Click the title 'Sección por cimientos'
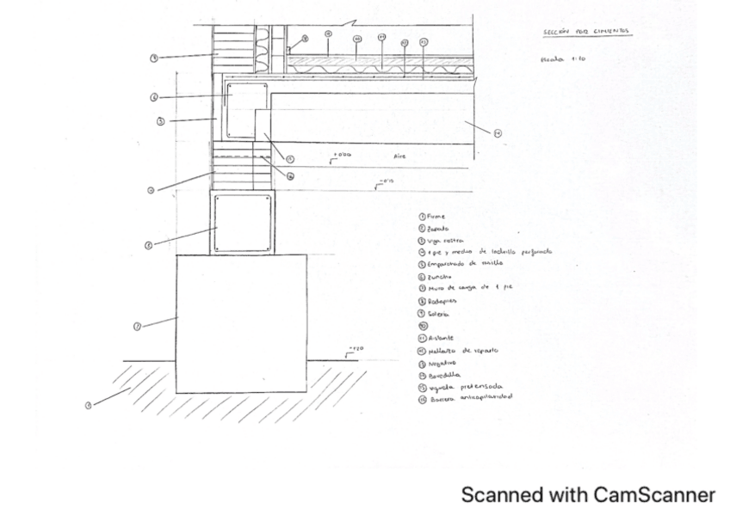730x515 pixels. click(x=585, y=32)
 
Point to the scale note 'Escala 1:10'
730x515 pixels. click(x=563, y=59)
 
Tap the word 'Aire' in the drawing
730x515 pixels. click(x=399, y=156)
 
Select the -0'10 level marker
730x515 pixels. click(x=385, y=181)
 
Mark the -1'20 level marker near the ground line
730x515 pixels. click(x=355, y=348)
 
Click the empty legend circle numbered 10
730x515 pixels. click(x=422, y=326)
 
